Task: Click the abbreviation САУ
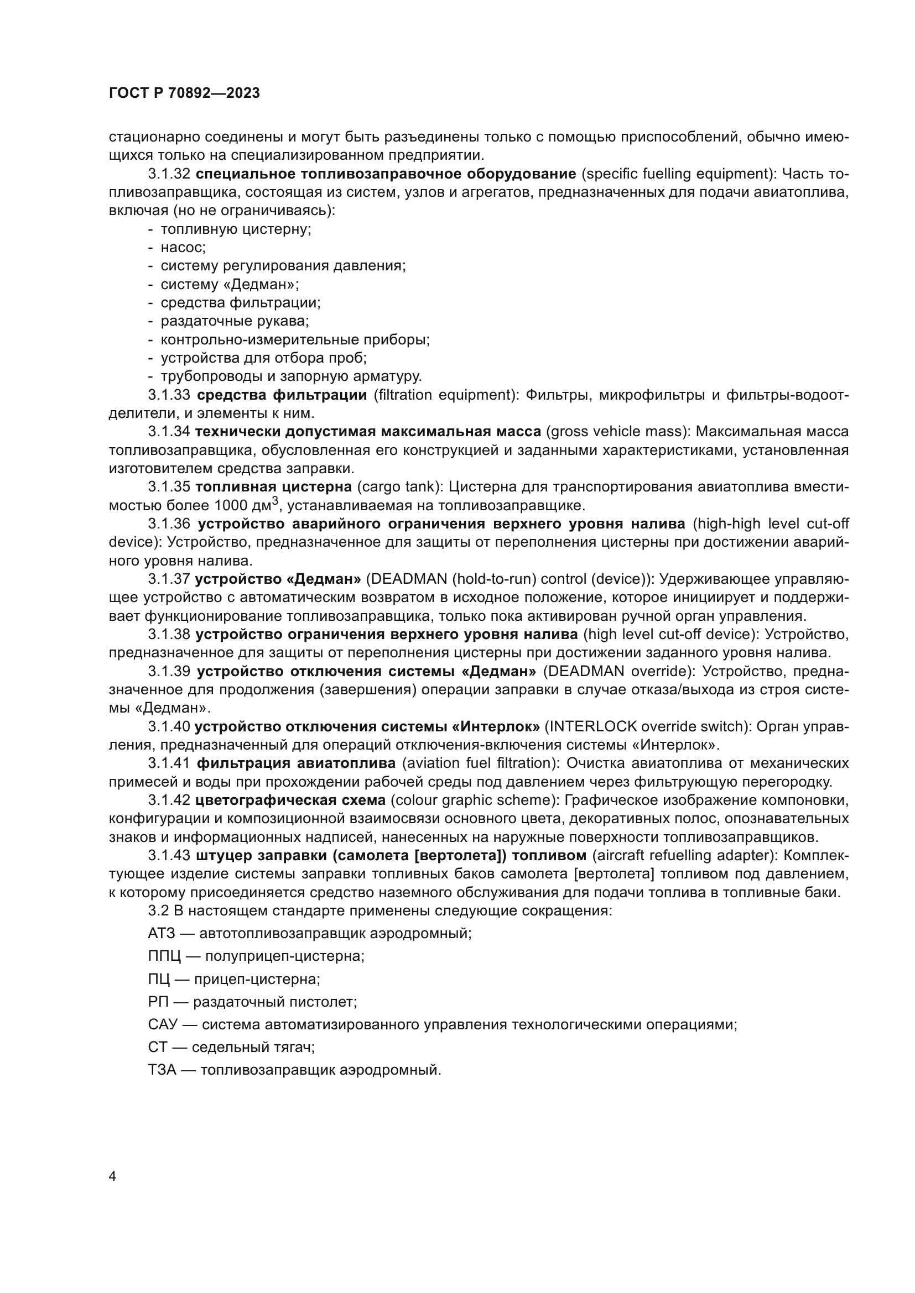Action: click(163, 1025)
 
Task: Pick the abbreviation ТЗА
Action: click(162, 1071)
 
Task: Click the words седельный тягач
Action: click(253, 1048)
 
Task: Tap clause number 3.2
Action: click(157, 910)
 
